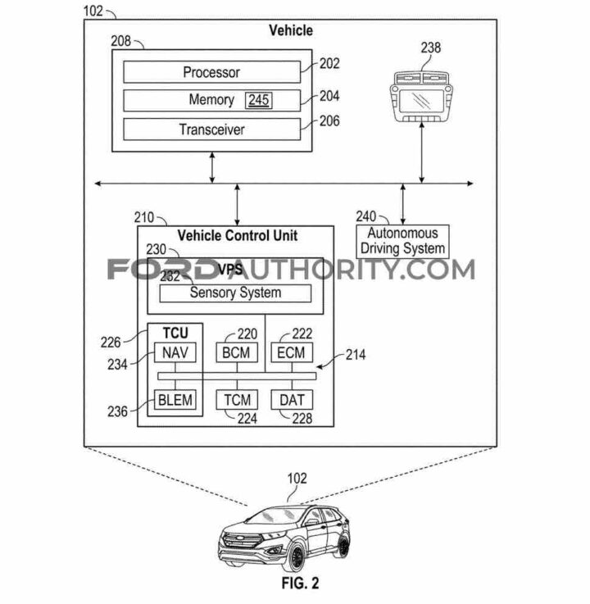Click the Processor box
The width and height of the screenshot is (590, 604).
[x=211, y=72]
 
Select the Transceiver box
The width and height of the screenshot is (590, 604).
[x=211, y=129]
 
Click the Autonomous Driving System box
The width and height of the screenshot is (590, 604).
[x=402, y=241]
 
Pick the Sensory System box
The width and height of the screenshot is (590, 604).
[x=235, y=293]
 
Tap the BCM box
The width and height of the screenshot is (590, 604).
[x=235, y=352]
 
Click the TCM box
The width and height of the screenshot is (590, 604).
[x=235, y=400]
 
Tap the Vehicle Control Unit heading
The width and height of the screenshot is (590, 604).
[x=237, y=236]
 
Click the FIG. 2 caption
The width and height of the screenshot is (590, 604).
[x=296, y=585]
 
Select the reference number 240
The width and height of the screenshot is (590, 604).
[x=365, y=216]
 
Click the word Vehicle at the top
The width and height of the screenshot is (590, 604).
[x=291, y=31]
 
